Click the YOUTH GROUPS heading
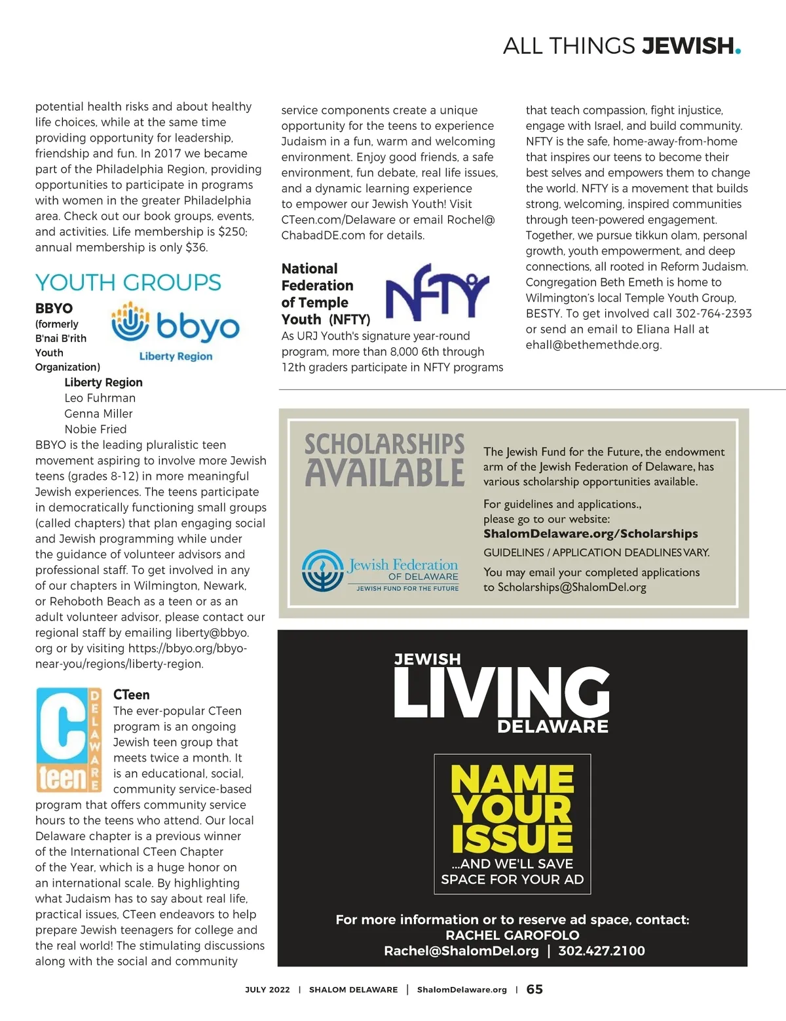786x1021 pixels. [x=128, y=282]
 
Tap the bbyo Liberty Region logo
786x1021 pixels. [x=176, y=330]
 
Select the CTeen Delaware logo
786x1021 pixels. [x=69, y=740]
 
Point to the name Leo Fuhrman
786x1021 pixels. [x=100, y=398]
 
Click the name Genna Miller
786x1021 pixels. [x=98, y=414]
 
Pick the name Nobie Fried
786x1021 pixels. [x=96, y=429]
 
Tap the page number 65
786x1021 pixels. [x=534, y=990]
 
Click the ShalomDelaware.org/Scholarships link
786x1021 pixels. [x=590, y=533]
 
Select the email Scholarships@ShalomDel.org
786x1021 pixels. [x=572, y=587]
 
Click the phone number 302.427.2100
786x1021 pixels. [x=601, y=951]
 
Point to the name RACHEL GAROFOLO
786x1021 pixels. [x=512, y=935]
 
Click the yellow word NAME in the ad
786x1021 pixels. [x=512, y=780]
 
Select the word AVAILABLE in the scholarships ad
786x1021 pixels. [x=384, y=473]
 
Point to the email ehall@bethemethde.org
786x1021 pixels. [x=593, y=345]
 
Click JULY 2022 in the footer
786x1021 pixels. [x=267, y=990]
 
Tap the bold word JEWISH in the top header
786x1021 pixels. [x=687, y=46]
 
